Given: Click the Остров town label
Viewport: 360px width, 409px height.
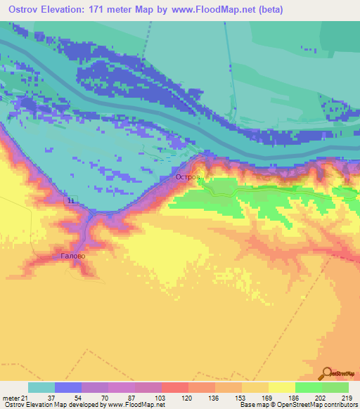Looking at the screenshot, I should coord(188,178).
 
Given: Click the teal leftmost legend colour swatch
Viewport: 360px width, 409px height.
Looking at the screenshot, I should coord(41,387).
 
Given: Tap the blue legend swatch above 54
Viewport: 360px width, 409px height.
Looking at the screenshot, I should coord(68,387).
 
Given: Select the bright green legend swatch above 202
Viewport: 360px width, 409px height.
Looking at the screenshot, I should coord(309,387).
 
